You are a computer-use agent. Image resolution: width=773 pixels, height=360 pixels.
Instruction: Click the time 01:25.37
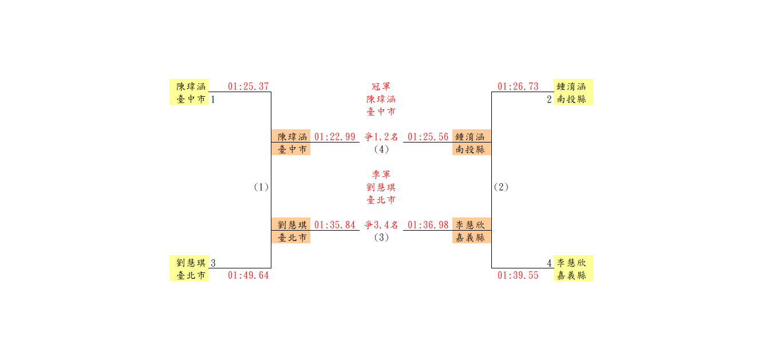coord(248,86)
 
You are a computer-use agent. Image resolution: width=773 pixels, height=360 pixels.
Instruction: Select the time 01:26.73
coord(518,86)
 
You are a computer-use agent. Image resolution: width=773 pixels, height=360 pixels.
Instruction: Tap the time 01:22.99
coord(335,137)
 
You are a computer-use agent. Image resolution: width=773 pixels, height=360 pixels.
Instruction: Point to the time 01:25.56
coord(428,137)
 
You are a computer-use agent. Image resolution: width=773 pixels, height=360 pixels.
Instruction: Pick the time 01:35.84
coord(335,225)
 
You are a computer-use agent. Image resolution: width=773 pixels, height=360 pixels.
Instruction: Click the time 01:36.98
coord(428,225)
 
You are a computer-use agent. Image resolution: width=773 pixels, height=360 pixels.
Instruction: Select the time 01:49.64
coord(248,275)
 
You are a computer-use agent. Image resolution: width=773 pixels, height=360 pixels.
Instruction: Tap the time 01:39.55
coord(518,275)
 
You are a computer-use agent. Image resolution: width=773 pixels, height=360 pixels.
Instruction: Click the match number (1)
coord(261,187)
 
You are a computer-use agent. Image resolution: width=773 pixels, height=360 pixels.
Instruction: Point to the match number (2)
coord(501,187)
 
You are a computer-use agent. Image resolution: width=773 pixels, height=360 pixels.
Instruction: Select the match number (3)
coord(381,238)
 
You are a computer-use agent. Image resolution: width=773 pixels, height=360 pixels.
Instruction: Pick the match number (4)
coord(381,149)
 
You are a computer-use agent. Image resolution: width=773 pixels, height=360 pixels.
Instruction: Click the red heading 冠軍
coord(381,86)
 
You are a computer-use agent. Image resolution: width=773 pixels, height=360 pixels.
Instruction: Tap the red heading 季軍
coord(381,175)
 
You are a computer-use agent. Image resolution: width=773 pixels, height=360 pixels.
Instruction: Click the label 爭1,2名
coord(381,137)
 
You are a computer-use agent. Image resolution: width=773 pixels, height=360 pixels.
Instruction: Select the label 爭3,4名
coord(381,225)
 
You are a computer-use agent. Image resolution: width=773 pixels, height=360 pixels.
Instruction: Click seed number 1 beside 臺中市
coord(213,100)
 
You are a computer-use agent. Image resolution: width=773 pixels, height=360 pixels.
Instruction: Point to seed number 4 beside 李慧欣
coord(549,263)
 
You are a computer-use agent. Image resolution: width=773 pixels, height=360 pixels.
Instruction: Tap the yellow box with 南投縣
coord(574,92)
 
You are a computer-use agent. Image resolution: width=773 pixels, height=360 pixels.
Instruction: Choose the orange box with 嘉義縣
coord(472,231)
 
